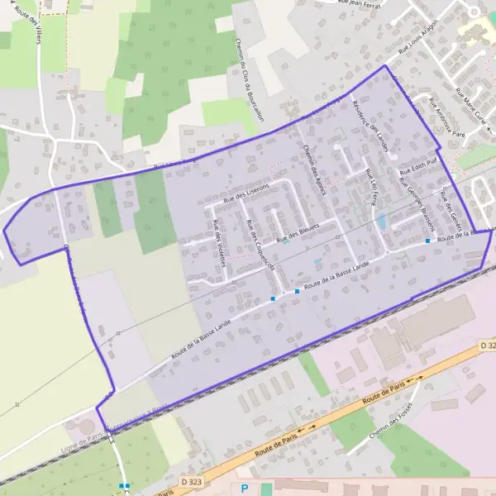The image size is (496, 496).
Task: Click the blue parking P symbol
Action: click(x=244, y=489)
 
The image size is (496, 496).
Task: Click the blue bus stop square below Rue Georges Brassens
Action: click(x=427, y=241)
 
